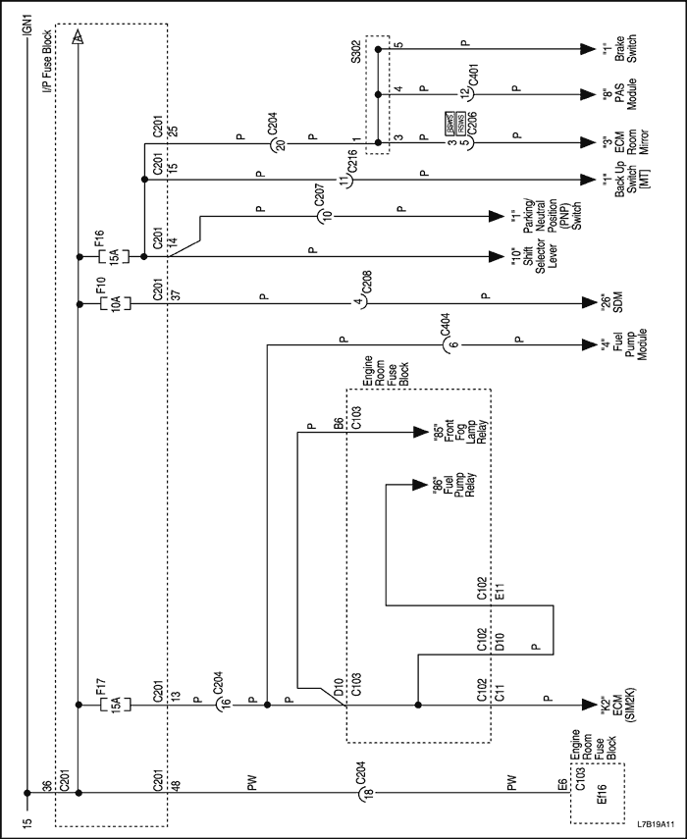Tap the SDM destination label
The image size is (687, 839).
tap(613, 302)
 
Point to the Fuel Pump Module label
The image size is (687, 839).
tap(619, 344)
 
